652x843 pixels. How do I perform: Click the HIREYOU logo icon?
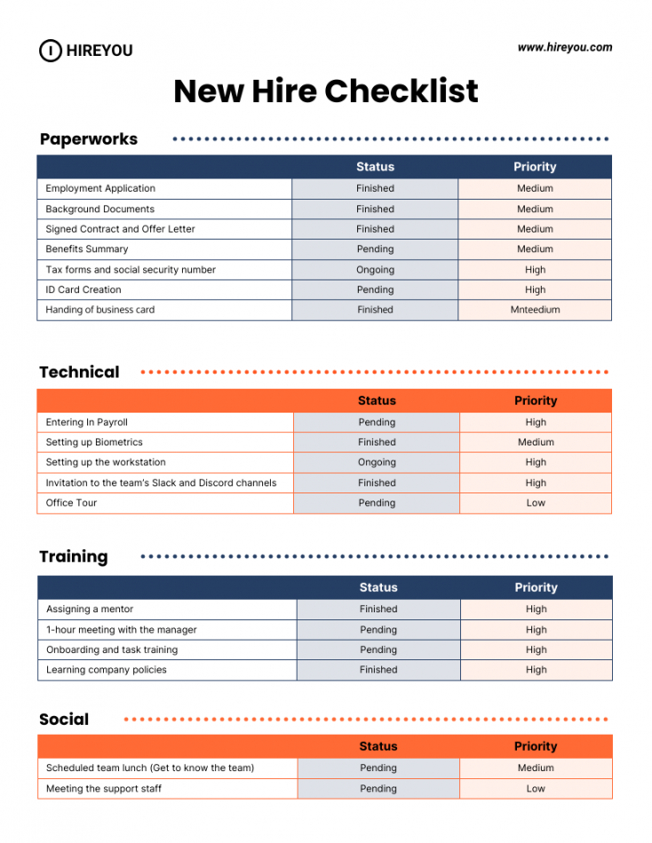[51, 51]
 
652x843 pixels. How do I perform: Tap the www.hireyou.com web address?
[565, 48]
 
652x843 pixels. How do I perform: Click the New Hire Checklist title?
[326, 91]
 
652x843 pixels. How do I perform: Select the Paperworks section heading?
[89, 139]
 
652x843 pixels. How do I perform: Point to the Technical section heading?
[79, 373]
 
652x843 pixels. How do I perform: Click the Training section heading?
[74, 557]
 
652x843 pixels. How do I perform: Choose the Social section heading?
[64, 720]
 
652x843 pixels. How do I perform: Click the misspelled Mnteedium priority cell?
[535, 310]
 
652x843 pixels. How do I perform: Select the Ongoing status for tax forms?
[375, 270]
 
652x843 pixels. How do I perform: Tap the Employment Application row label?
[100, 188]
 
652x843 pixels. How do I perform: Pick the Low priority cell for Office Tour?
[536, 503]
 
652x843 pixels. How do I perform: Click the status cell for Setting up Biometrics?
[377, 442]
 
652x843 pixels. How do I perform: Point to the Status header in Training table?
[378, 587]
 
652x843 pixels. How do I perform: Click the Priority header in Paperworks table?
[535, 167]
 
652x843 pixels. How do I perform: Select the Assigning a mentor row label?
[90, 610]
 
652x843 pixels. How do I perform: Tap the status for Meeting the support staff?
[378, 789]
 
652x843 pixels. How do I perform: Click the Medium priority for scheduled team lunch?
[536, 768]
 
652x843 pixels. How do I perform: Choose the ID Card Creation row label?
[83, 290]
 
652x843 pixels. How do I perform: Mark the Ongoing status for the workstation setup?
[377, 462]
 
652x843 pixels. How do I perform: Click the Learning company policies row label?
[107, 670]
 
